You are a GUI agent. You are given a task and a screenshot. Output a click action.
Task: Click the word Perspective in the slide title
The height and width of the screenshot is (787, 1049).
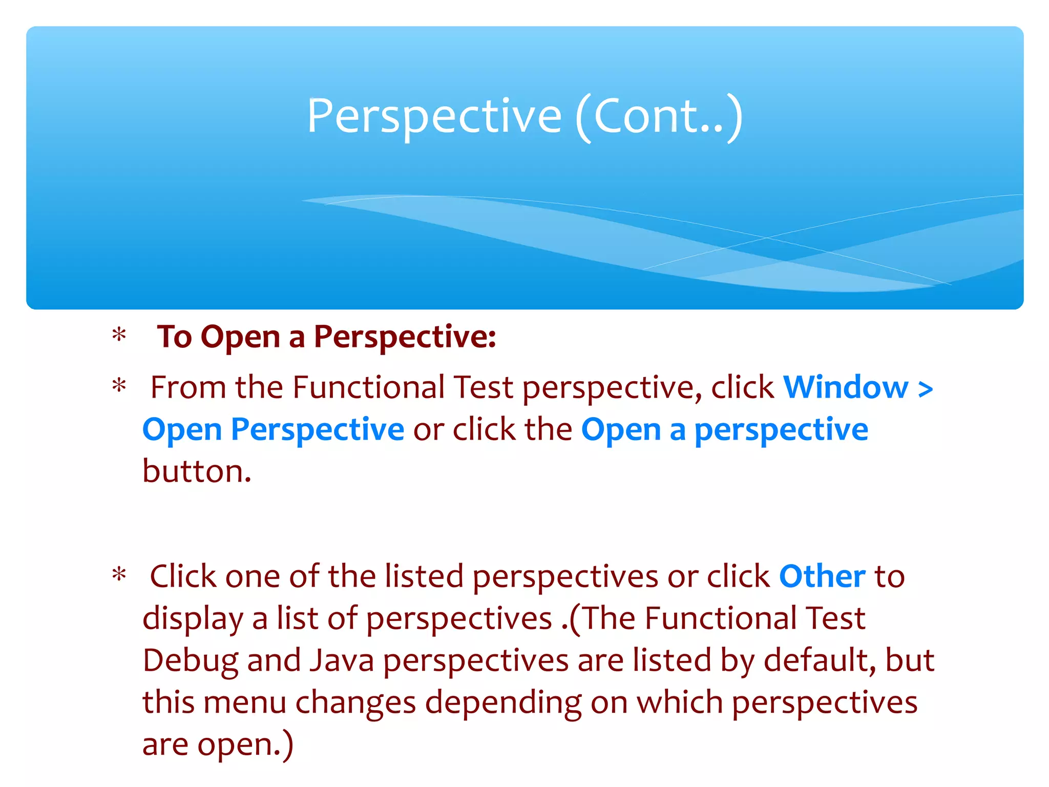pos(434,117)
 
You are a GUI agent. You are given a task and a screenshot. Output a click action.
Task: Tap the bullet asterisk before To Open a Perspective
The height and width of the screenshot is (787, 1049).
pos(119,336)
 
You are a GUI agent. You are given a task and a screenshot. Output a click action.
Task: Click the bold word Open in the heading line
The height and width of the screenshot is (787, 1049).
pos(240,337)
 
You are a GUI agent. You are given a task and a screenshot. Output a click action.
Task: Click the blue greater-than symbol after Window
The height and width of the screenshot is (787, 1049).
pos(925,388)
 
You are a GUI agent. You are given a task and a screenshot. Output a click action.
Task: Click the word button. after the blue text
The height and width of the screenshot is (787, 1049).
pos(197,471)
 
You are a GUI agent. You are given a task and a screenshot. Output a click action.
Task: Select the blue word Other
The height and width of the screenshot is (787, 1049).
pos(822,576)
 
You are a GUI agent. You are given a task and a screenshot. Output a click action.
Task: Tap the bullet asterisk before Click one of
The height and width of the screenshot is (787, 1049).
pos(119,575)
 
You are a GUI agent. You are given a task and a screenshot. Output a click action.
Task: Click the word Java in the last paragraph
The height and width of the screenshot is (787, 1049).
pos(342,660)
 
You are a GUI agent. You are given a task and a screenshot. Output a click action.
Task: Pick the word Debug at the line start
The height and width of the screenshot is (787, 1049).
pos(190,661)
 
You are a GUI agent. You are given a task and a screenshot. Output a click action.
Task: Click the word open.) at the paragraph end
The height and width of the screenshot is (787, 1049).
pos(245,745)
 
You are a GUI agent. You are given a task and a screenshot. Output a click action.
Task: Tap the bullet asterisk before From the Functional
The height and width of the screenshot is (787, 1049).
pos(119,386)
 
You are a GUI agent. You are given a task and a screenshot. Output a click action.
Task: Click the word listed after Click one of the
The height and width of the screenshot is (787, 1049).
pos(424,576)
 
